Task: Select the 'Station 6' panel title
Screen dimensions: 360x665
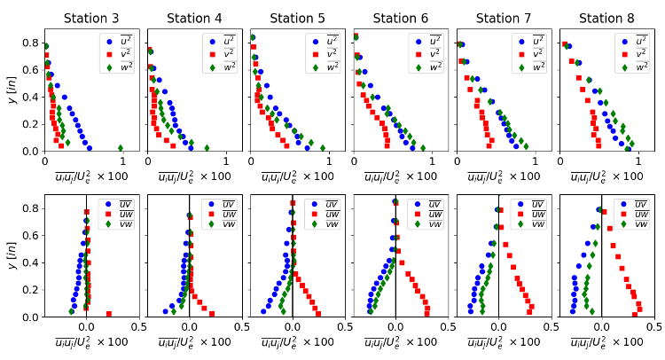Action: point(395,18)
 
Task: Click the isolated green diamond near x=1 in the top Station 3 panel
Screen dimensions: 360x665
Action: point(121,148)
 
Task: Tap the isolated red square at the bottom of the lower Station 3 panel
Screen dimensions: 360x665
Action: point(109,314)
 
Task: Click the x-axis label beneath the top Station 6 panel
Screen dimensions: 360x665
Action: point(395,176)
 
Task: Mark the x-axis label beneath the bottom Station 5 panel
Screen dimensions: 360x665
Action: point(293,342)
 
